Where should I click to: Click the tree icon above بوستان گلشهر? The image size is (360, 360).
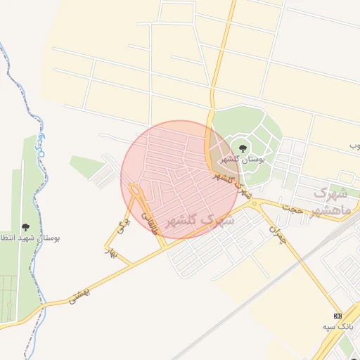coord(243,148)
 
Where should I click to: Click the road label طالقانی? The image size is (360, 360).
coord(149,223)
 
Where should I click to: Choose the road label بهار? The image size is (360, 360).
coord(109,250)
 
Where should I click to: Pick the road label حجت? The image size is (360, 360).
coord(291,208)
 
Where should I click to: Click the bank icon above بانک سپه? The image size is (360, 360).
coord(338,315)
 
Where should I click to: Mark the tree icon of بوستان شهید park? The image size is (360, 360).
coord(26,227)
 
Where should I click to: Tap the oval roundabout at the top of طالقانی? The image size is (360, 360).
coord(134,190)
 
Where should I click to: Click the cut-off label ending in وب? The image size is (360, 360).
coord(354,146)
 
